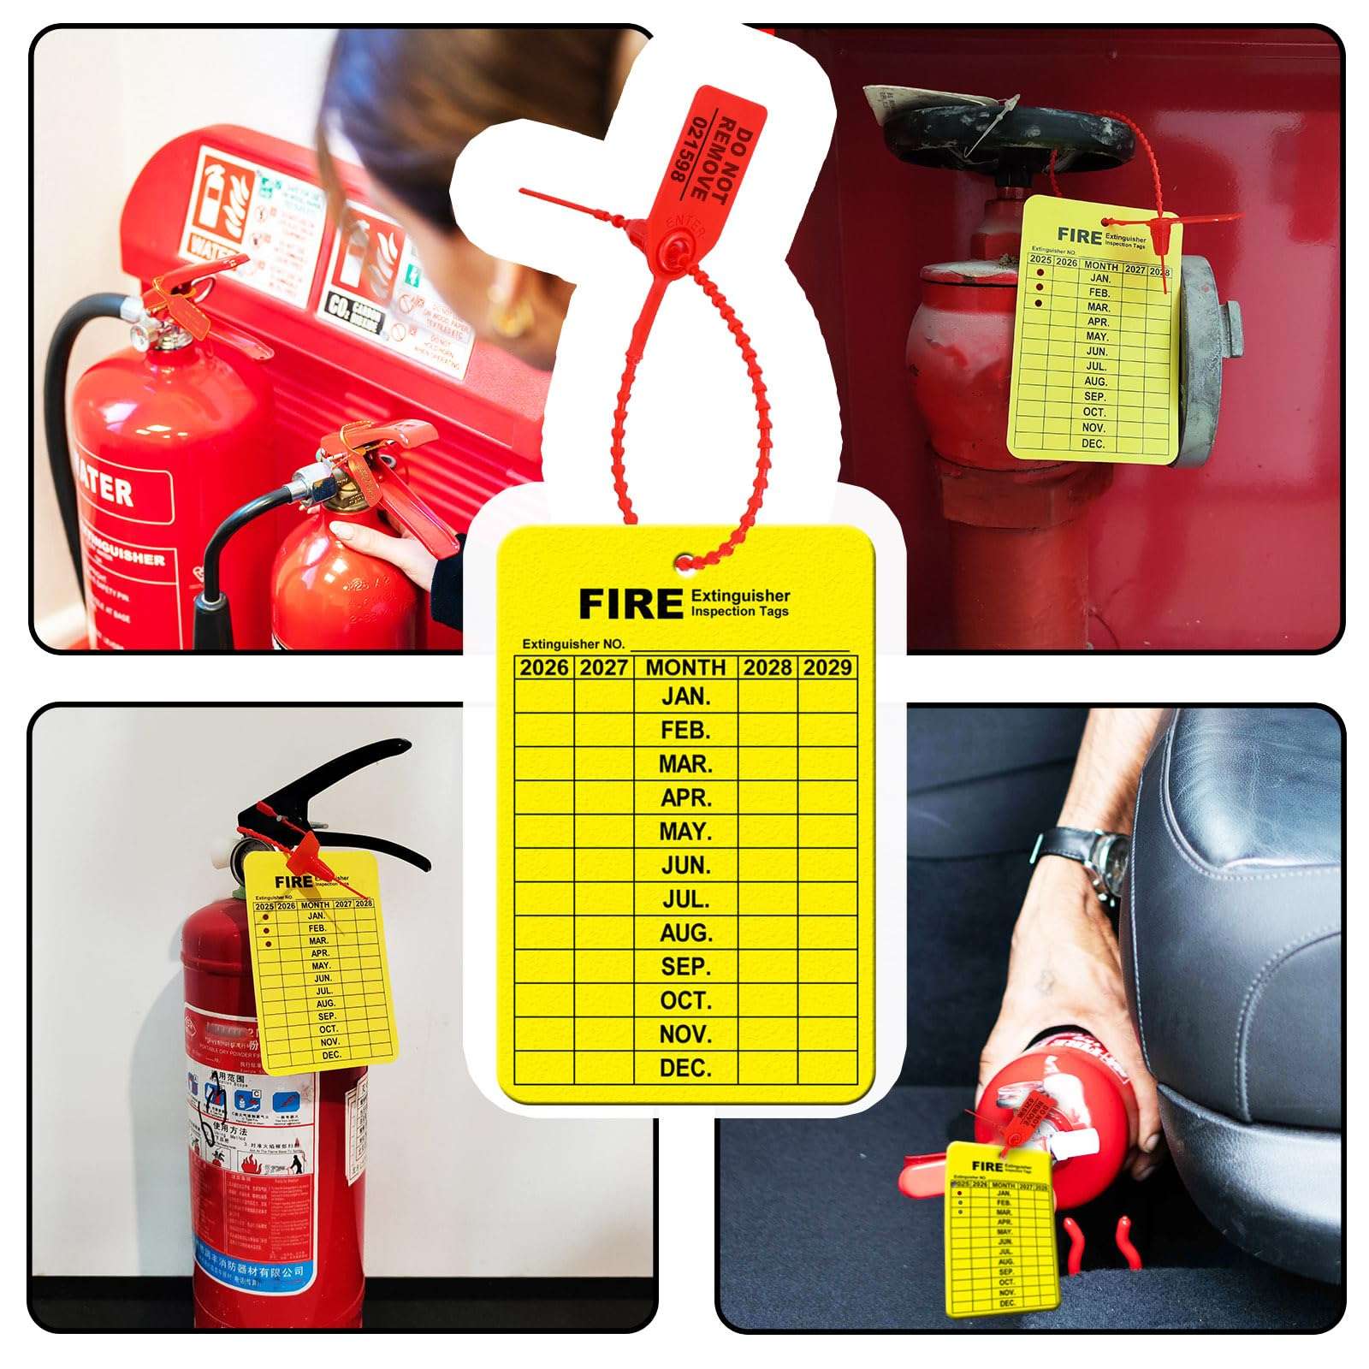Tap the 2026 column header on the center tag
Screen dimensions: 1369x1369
544,667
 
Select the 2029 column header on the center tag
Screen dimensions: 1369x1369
827,667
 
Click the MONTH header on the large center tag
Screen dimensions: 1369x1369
685,667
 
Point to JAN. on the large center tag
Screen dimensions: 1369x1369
685,696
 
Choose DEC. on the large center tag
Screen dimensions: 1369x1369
685,1067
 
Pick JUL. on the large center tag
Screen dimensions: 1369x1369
685,898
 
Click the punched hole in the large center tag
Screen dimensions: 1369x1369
684,563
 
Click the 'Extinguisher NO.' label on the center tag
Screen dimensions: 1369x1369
573,643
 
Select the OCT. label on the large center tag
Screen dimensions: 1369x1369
685,999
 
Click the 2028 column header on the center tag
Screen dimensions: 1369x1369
767,667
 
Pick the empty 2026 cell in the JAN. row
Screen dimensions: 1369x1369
544,696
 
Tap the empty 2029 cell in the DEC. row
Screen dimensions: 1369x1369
827,1067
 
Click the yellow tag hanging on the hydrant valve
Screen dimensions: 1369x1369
1095,342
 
